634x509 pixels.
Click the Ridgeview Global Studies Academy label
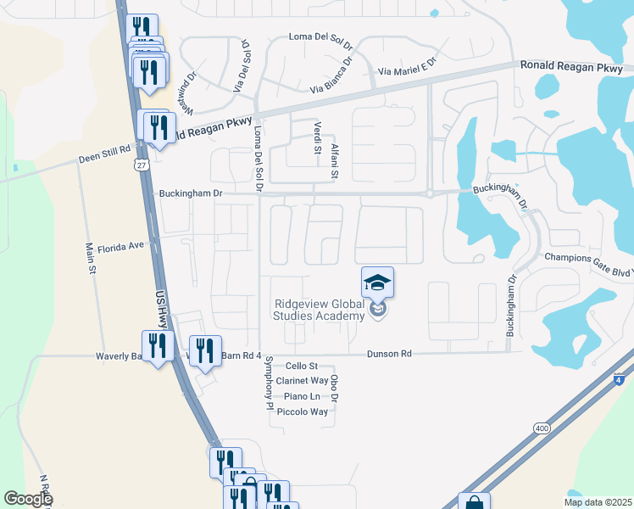click(x=318, y=310)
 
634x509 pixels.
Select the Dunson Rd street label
click(x=389, y=353)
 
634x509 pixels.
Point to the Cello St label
click(x=301, y=366)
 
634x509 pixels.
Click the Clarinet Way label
click(x=302, y=381)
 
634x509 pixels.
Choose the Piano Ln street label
click(x=303, y=396)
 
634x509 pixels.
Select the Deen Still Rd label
click(x=105, y=148)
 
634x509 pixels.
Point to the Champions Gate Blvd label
click(x=588, y=258)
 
